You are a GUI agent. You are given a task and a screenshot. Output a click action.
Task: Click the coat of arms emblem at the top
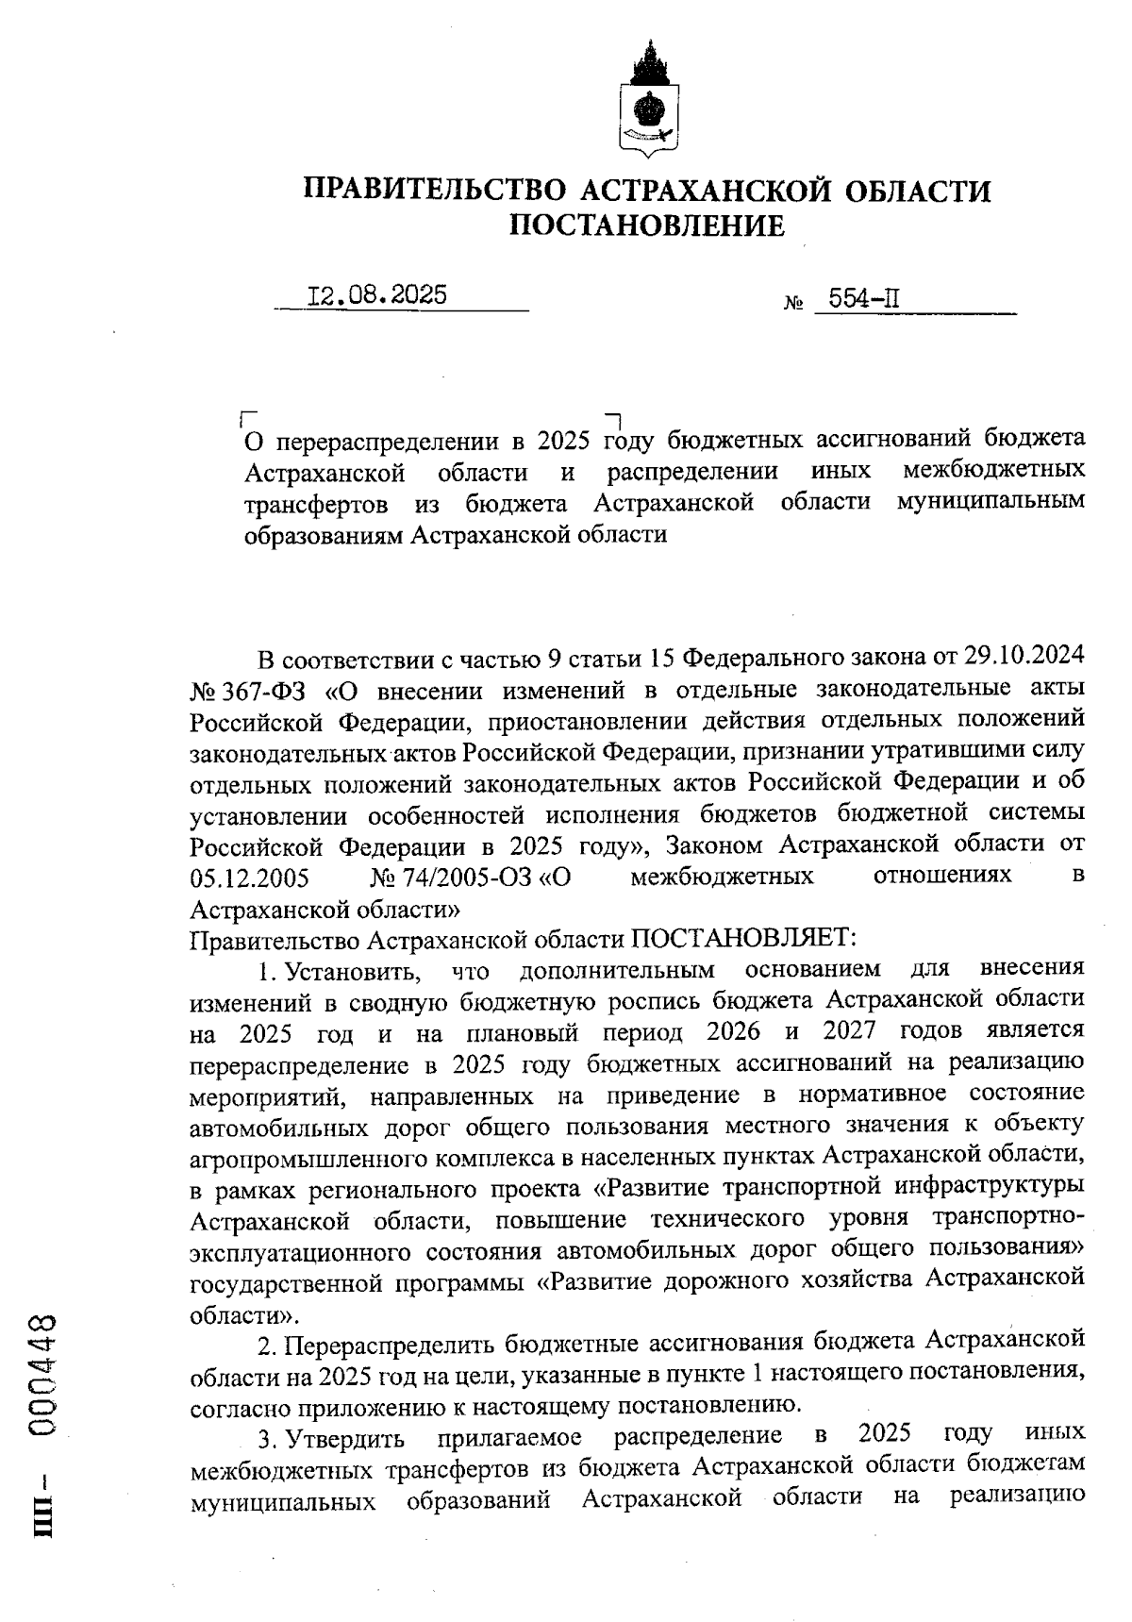pyautogui.click(x=647, y=98)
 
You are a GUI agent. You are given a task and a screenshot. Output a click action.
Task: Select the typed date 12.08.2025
pyautogui.click(x=377, y=295)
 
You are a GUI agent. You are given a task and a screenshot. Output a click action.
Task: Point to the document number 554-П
pyautogui.click(x=863, y=300)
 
